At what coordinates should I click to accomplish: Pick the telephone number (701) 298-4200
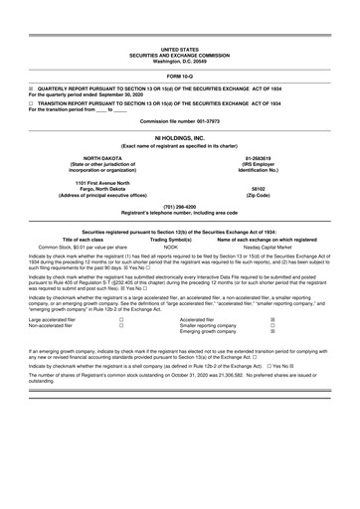pyautogui.click(x=180, y=207)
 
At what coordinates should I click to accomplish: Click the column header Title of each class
pyautogui.click(x=68, y=239)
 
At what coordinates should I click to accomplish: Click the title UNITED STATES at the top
pyautogui.click(x=180, y=48)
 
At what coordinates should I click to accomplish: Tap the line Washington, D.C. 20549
pyautogui.click(x=180, y=60)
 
